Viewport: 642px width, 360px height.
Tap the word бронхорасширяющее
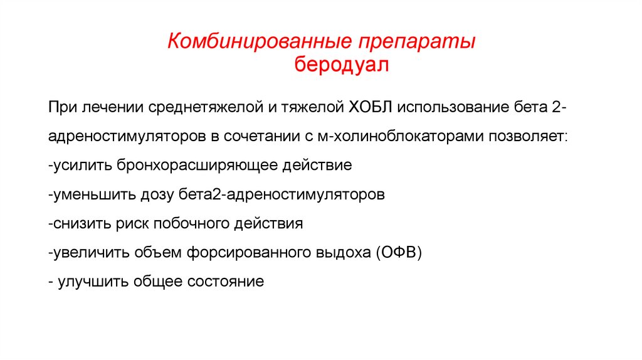click(194, 166)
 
